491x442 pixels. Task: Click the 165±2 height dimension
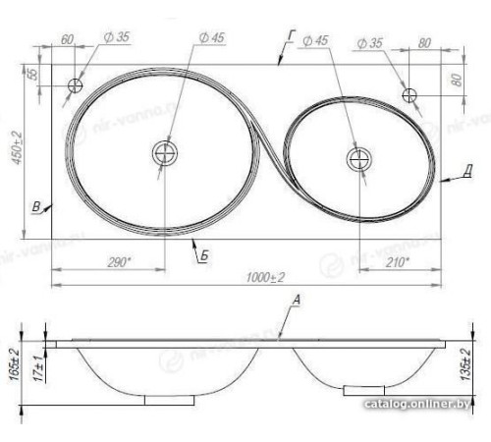[15, 364]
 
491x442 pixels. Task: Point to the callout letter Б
[203, 256]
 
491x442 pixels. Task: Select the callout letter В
[36, 206]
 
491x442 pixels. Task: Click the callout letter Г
[291, 35]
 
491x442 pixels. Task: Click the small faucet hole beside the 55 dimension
[75, 85]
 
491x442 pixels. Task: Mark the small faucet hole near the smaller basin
[411, 94]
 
